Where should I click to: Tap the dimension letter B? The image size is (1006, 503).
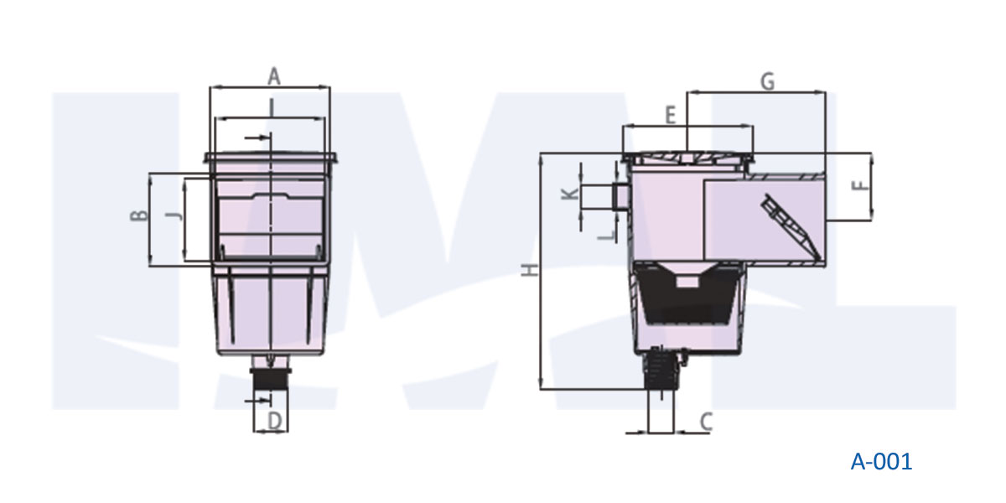[139, 215]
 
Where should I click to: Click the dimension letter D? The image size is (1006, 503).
[273, 421]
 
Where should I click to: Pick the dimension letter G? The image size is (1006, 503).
[766, 80]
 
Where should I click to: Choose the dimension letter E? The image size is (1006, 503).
[670, 116]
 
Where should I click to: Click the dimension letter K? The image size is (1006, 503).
[569, 194]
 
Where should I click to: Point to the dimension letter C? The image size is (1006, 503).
[705, 422]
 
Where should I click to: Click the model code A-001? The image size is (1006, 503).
[880, 461]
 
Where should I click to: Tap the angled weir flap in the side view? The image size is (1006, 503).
[790, 224]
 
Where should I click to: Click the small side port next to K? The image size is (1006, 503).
[621, 197]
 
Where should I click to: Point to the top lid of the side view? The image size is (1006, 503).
[687, 158]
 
